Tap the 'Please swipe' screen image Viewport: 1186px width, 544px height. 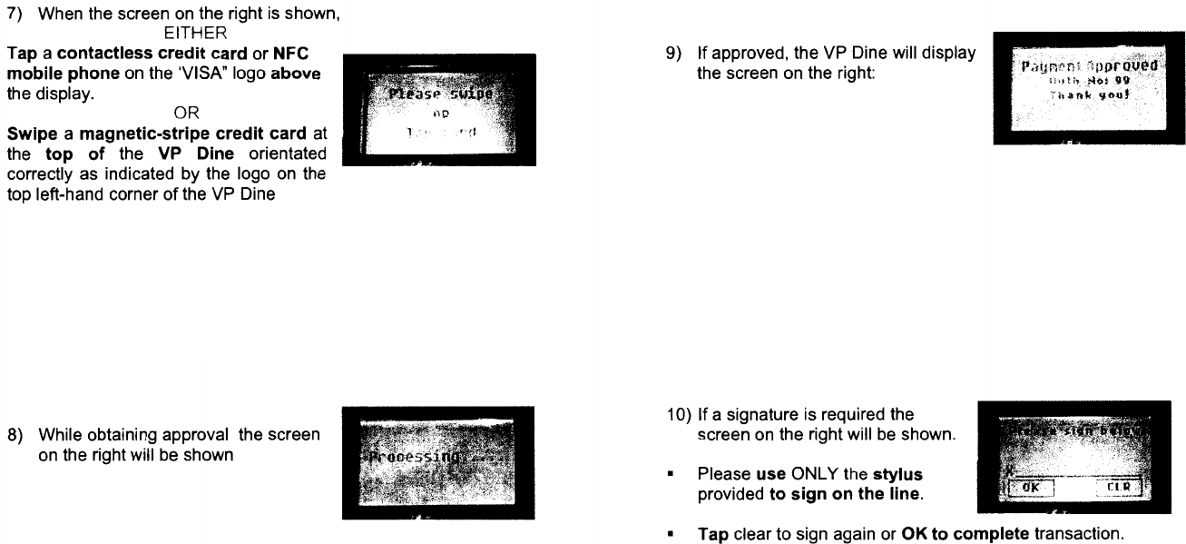pos(439,110)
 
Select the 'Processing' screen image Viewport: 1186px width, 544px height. pos(437,462)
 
